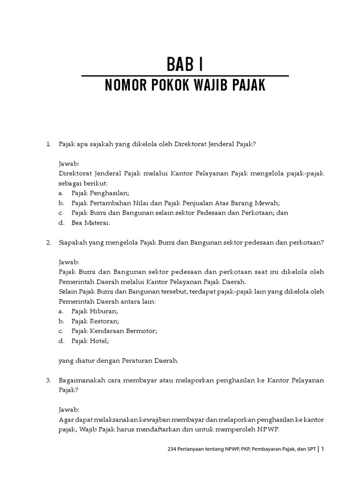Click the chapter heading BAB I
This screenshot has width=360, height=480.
click(x=185, y=64)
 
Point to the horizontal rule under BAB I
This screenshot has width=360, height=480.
click(x=185, y=75)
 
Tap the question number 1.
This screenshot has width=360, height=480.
click(x=48, y=144)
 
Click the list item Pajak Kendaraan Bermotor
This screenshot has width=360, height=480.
click(x=114, y=331)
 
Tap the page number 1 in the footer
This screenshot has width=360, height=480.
click(x=322, y=449)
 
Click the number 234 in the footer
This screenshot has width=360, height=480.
click(x=172, y=449)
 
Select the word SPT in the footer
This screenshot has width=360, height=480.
click(x=311, y=449)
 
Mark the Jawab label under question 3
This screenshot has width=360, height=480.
click(x=69, y=409)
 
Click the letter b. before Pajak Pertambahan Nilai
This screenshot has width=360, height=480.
click(x=61, y=203)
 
